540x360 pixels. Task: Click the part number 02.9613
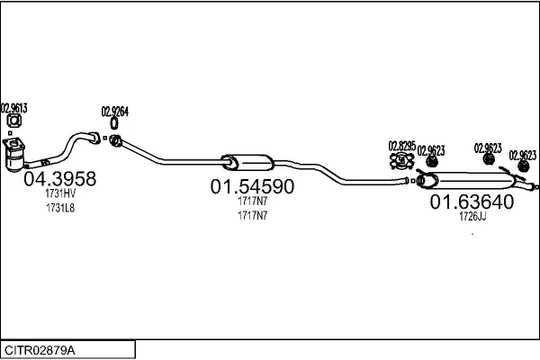coord(13,108)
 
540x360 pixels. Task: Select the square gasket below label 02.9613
coord(14,122)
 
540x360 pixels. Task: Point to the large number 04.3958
coord(58,179)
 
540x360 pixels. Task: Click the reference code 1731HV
coord(60,194)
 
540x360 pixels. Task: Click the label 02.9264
coord(114,111)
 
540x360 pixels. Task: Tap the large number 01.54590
coord(253,187)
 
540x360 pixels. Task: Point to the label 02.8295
coord(401,146)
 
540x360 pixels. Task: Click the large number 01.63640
coord(471,202)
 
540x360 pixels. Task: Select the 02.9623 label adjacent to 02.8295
coord(430,149)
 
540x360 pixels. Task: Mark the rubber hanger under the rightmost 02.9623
coord(523,168)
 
